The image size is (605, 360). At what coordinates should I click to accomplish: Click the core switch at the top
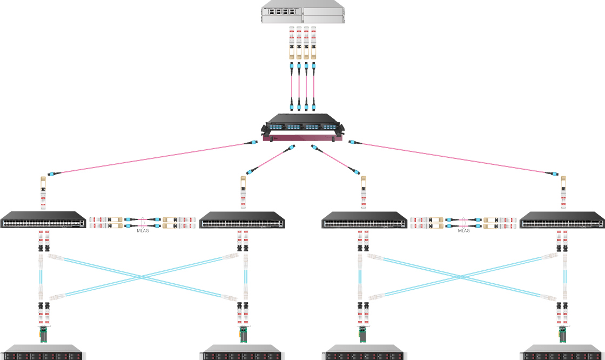(x=302, y=15)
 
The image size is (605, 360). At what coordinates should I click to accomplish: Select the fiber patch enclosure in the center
(x=302, y=128)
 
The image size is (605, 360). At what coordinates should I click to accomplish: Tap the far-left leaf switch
(x=43, y=221)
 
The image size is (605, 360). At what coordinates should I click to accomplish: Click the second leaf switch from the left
(x=242, y=221)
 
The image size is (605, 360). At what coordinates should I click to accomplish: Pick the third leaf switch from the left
(x=365, y=221)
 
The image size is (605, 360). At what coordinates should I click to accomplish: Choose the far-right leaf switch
(x=562, y=221)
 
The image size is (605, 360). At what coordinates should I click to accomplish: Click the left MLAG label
(x=142, y=231)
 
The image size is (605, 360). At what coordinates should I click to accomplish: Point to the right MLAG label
(x=464, y=231)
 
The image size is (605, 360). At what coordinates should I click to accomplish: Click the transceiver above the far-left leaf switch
(x=44, y=192)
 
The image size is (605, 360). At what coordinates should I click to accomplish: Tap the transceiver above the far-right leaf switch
(x=563, y=192)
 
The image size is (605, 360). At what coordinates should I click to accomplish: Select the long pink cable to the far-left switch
(x=151, y=158)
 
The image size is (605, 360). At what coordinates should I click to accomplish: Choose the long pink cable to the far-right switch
(x=454, y=158)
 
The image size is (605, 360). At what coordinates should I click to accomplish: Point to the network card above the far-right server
(x=562, y=333)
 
